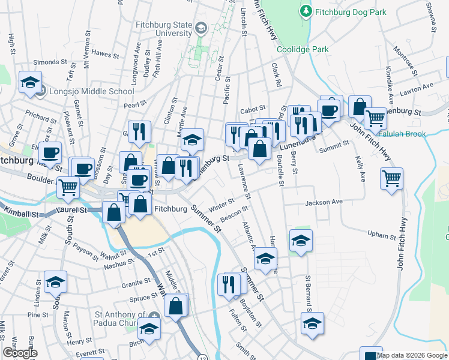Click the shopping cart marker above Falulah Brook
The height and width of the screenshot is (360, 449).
point(376,119)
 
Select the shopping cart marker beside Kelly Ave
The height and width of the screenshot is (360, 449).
point(391,178)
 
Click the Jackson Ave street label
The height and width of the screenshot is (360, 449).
point(324,203)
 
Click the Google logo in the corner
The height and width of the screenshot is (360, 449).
point(20,353)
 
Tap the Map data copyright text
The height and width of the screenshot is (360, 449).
point(412,355)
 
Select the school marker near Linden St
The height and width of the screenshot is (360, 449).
point(55,282)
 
